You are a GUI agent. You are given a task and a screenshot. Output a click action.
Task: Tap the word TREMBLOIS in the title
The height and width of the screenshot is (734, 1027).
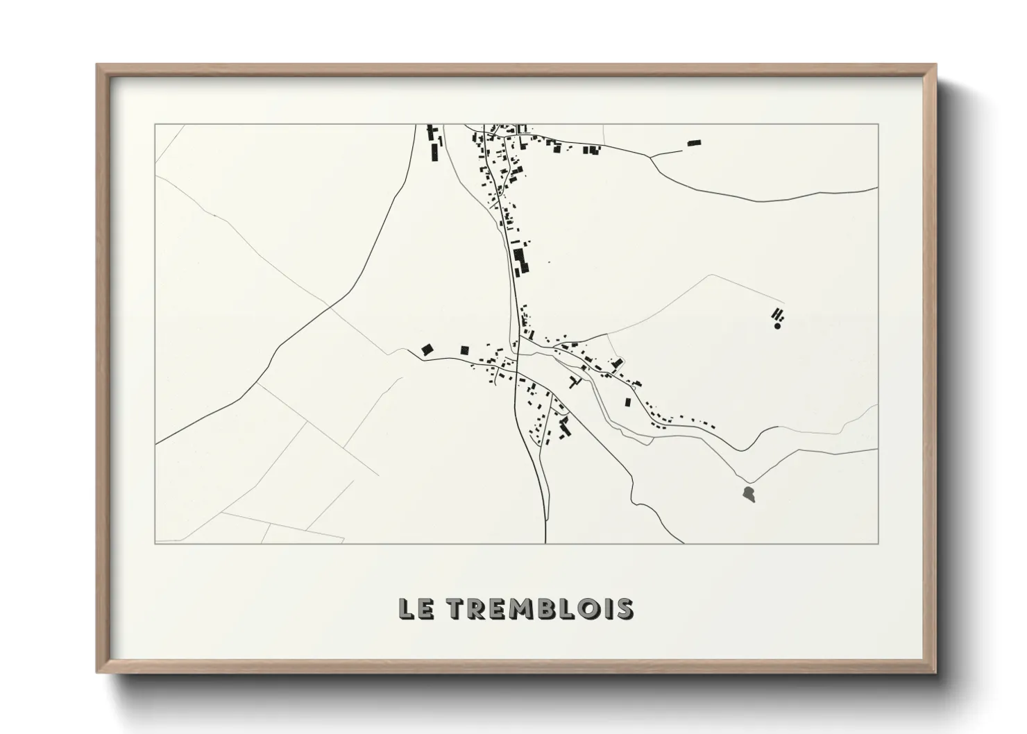click(x=538, y=608)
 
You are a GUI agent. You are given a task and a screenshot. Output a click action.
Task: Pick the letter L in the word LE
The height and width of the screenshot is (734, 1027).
click(x=407, y=608)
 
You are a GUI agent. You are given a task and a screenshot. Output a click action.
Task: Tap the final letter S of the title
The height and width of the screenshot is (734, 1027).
click(x=624, y=608)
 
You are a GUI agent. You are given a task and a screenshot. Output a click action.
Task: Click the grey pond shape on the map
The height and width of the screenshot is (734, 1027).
click(x=748, y=494)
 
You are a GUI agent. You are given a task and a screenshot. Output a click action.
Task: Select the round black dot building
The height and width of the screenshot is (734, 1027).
click(x=778, y=325)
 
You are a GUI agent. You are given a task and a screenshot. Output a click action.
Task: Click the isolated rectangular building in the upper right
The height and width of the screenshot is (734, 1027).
click(x=694, y=143)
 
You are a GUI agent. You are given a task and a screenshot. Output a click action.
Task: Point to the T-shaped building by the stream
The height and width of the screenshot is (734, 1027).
click(x=574, y=381)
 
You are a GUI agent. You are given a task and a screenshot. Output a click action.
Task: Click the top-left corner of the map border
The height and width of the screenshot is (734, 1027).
click(x=155, y=124)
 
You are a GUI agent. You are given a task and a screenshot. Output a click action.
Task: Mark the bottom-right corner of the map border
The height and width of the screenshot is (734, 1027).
click(x=879, y=543)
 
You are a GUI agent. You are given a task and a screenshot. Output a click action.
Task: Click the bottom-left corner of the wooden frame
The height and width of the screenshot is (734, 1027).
click(x=97, y=672)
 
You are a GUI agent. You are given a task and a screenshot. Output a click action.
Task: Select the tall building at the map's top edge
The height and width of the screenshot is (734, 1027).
click(x=435, y=151)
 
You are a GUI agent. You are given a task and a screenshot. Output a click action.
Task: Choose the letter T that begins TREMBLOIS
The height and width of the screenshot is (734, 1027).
click(x=455, y=608)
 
